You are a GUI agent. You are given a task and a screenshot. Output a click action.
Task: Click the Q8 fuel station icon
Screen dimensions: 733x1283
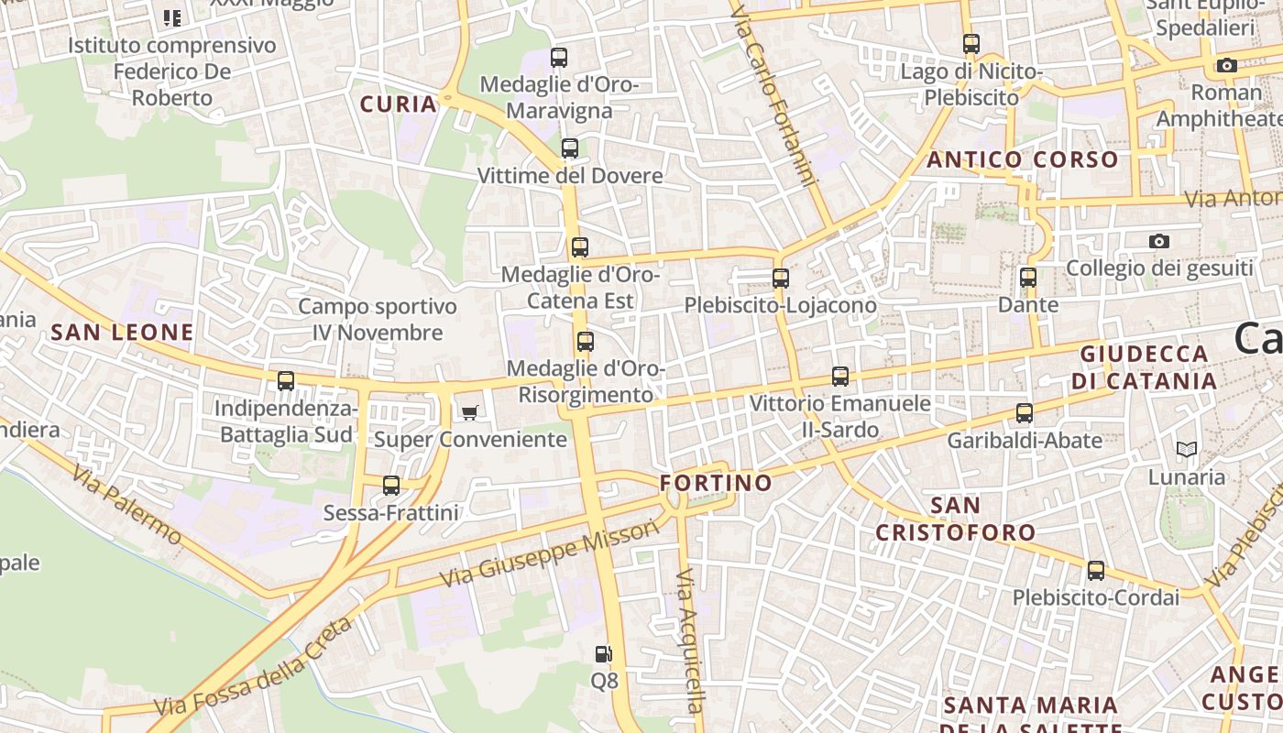coord(603,654)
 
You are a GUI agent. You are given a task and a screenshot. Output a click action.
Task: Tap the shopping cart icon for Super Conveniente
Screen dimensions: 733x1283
coord(469,412)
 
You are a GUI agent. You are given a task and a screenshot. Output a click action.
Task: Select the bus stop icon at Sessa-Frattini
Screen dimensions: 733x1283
coord(391,485)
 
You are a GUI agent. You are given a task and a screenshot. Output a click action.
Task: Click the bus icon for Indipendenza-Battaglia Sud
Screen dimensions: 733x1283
coord(286,380)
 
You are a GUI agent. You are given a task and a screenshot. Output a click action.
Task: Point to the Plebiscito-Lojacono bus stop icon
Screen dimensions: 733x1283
coord(781,278)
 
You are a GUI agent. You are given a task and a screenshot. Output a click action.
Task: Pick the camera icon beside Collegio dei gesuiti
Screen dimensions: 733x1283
coord(1159,241)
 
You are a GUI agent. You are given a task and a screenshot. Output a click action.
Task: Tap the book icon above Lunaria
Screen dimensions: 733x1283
coord(1187,449)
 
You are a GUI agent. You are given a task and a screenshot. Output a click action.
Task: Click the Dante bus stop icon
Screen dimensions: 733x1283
coord(1028,277)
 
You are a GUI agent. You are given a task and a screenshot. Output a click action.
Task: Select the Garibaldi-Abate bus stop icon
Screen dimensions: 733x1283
coord(1025,412)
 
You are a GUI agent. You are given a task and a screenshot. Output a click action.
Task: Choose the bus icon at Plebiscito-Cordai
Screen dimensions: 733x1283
coord(1096,570)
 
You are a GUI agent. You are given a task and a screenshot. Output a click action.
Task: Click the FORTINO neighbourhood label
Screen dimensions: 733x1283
coord(716,483)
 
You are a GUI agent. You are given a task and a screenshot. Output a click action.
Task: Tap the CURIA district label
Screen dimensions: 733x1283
coord(399,104)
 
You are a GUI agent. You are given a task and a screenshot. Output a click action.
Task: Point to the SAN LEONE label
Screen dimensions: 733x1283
coord(123,333)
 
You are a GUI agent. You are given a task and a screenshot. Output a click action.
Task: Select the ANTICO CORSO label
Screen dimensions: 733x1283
coord(1023,160)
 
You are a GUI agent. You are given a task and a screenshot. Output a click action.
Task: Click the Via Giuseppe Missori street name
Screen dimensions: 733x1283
coord(550,553)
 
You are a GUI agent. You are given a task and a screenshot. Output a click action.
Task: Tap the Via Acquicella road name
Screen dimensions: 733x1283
coord(690,641)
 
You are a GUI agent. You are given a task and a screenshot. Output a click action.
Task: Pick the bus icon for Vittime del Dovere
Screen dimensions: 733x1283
coord(570,148)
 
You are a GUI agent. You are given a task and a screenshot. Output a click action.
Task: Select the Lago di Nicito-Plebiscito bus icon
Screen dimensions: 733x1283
coord(971,43)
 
